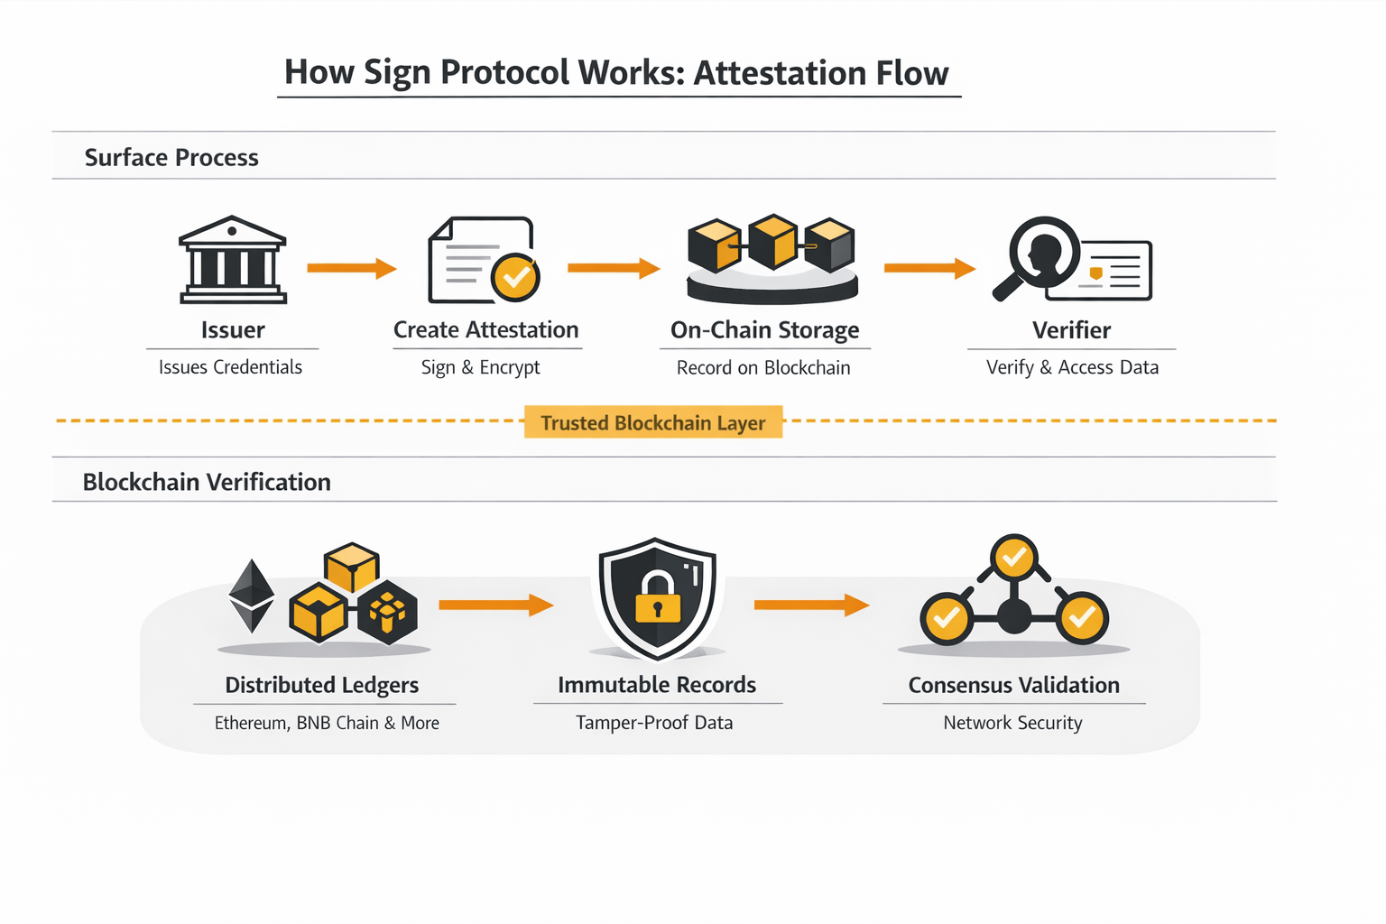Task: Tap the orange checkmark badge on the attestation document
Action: tap(515, 277)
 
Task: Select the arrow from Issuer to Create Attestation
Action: tap(351, 268)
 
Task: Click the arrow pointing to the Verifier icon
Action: tap(929, 268)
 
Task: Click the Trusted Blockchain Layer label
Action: tap(652, 422)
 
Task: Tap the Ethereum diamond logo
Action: tap(252, 596)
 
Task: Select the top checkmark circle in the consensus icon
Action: tap(1013, 557)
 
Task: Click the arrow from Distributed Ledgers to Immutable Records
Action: tap(495, 605)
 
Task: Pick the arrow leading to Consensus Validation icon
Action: tap(810, 605)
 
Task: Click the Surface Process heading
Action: tap(171, 158)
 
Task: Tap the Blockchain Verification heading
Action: tap(207, 482)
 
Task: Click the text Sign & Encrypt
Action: tap(480, 367)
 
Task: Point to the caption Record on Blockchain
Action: tap(763, 367)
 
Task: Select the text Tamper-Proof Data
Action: tap(654, 723)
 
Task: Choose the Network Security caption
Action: tap(1012, 723)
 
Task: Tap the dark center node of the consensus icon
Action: tap(1014, 618)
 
